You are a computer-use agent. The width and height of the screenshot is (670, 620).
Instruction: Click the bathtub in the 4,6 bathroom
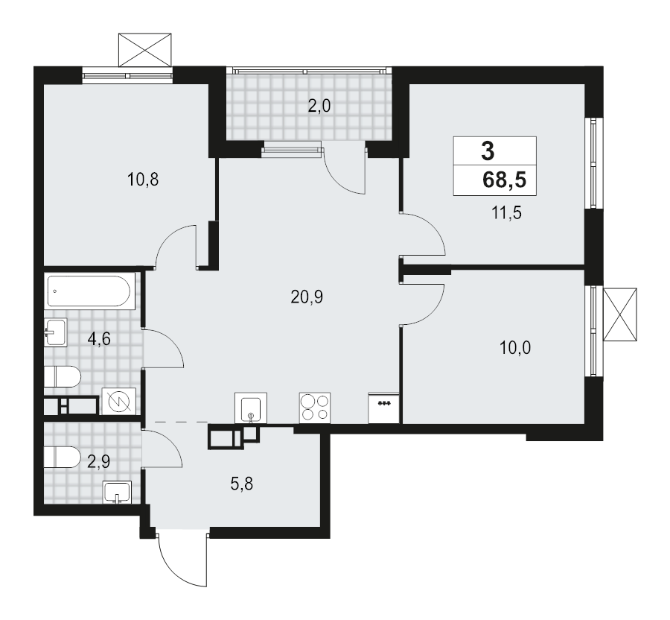(90, 291)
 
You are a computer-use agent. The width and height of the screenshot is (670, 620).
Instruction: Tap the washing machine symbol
(119, 401)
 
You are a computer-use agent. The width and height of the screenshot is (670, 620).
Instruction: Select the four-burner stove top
(315, 408)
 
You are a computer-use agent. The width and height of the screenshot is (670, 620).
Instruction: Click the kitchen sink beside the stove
(251, 408)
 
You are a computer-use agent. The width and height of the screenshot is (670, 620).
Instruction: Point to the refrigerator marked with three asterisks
(383, 408)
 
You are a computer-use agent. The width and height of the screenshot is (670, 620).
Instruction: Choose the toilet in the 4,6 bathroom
(63, 377)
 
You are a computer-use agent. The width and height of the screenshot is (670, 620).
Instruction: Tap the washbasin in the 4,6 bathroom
(56, 332)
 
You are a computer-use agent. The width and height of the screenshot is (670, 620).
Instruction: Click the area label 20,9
(307, 297)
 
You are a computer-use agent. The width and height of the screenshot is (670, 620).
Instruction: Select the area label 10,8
(143, 180)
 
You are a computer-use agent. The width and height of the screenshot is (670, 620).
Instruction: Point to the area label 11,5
(506, 212)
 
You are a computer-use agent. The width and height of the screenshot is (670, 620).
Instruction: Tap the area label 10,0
(515, 348)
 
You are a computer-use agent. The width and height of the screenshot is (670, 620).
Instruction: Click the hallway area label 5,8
(242, 484)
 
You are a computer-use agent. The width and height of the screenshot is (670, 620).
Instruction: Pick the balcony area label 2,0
(319, 105)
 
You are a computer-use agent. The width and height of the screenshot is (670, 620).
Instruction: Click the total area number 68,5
(504, 180)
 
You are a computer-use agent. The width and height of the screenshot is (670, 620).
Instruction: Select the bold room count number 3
(488, 151)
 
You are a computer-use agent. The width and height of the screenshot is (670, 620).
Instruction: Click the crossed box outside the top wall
(145, 50)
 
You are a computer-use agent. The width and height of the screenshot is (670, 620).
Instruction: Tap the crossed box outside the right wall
(620, 314)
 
